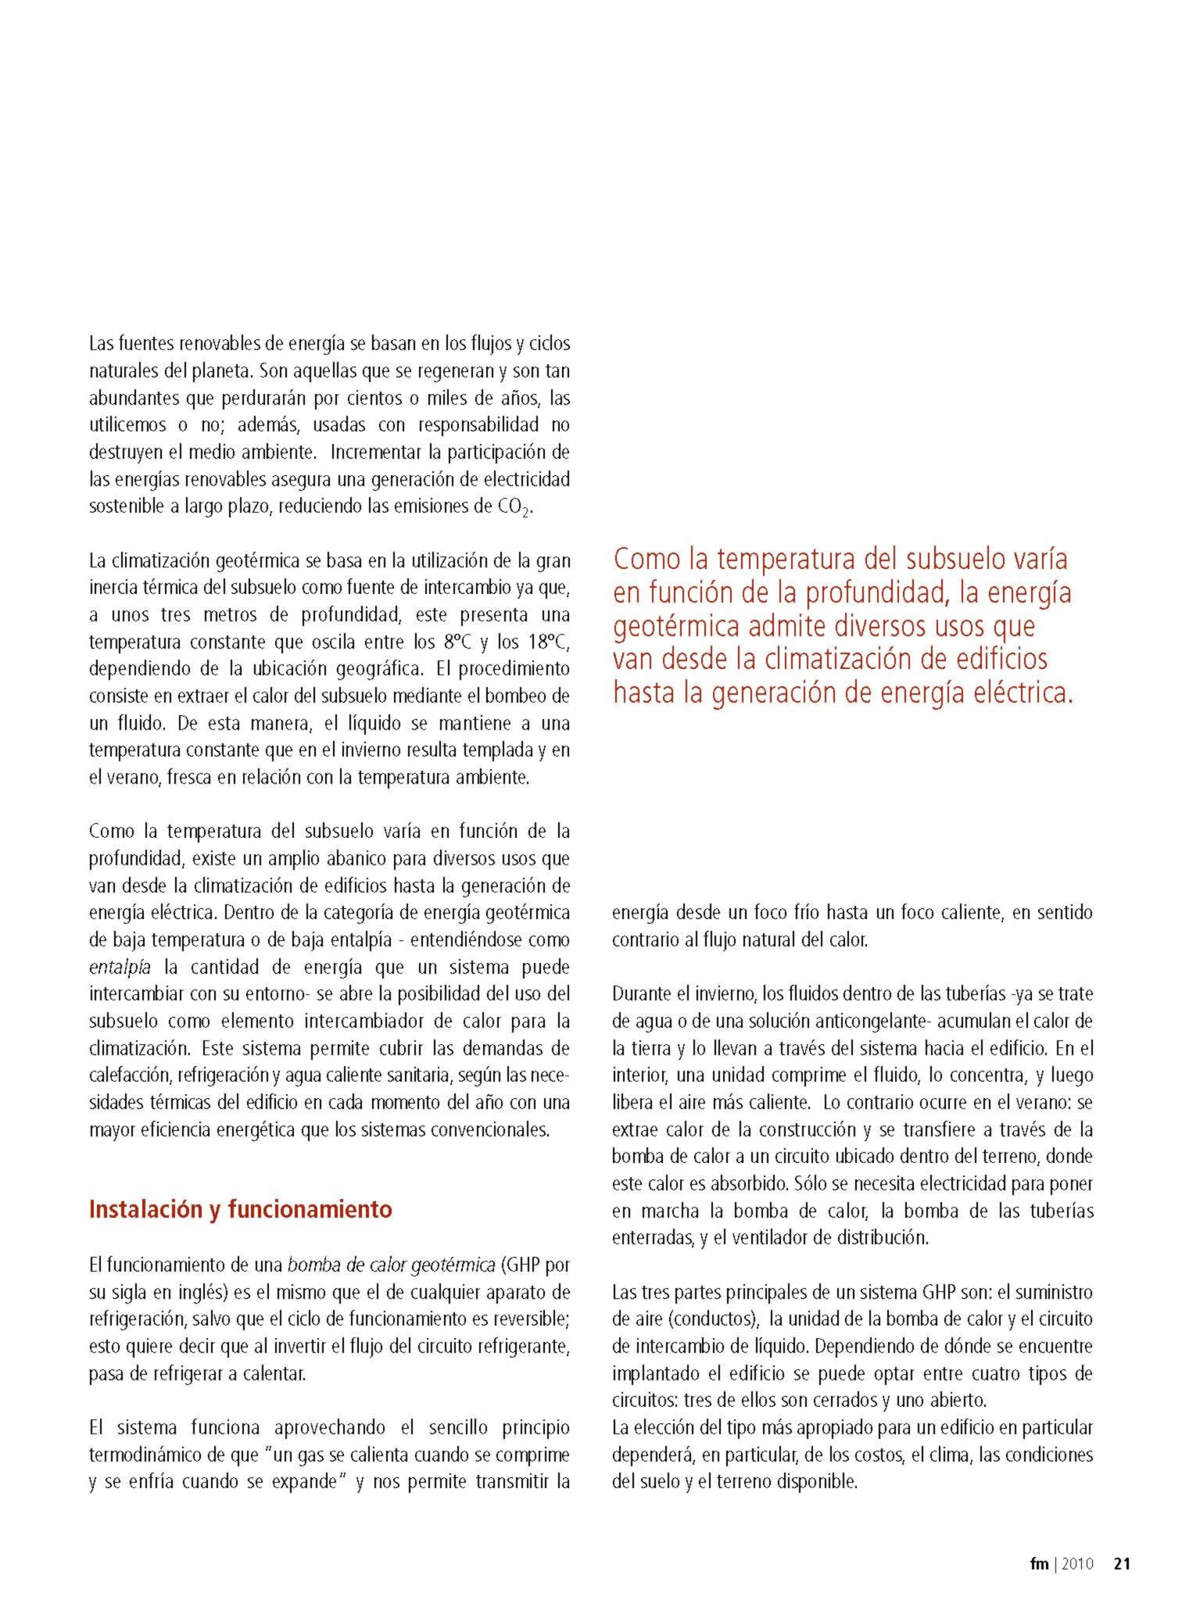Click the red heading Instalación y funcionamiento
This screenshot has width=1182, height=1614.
click(x=241, y=1209)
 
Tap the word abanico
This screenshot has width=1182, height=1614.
click(x=342, y=859)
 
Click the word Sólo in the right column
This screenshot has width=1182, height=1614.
click(x=808, y=1184)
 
